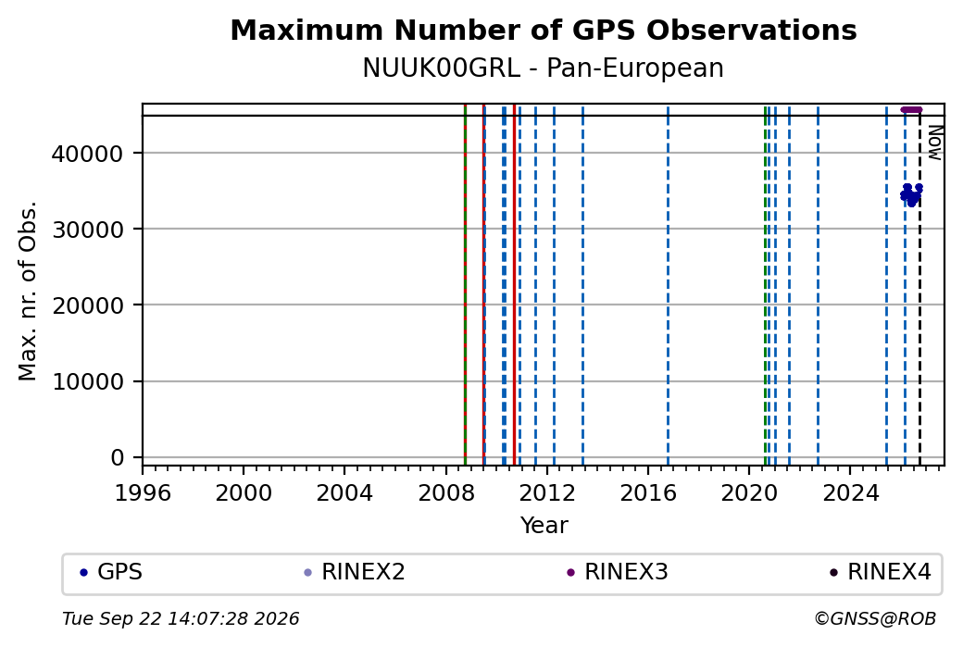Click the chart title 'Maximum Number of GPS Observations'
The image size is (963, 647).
coord(544,30)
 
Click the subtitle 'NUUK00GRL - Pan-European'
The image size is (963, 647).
coord(544,68)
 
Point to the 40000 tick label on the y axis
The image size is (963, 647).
coord(88,154)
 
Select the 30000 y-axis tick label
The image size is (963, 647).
coord(88,230)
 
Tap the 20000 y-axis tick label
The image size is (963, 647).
coord(88,305)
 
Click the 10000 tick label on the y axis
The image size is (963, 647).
coord(88,382)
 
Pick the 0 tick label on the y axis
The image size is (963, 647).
coord(118,458)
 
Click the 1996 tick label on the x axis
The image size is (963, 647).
coord(144,493)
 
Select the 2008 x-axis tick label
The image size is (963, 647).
coord(446,493)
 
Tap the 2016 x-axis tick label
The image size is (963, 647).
coord(648,493)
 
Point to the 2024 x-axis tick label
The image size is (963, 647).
coord(850,493)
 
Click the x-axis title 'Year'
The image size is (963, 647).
coord(544,526)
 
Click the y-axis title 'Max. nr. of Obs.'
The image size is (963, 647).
coord(28,291)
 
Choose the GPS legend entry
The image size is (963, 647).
coord(112,572)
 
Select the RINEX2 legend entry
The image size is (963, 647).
coord(355,572)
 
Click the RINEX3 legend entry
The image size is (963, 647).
coord(618,572)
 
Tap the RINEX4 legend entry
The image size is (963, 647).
coord(881,572)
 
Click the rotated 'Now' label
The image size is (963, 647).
coord(934,143)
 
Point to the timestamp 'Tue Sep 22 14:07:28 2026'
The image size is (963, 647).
coord(181,618)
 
